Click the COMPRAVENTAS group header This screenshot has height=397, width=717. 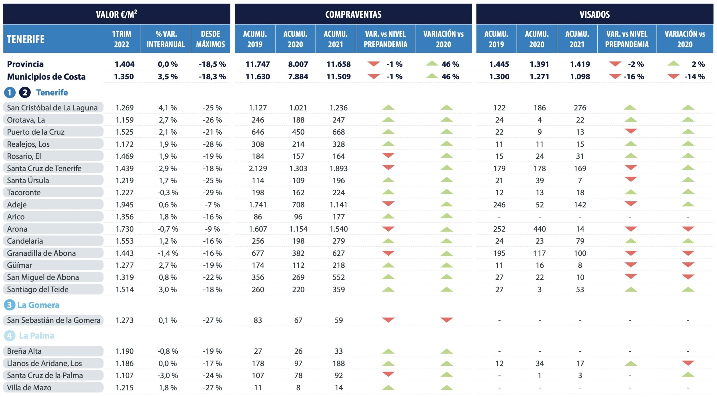(353, 14)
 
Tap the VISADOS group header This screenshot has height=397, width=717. (595, 14)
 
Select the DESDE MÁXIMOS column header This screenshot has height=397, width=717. (210, 39)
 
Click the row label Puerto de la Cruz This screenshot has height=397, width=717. (36, 132)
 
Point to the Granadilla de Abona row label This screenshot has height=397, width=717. (41, 253)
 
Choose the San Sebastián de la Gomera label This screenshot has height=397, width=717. (53, 320)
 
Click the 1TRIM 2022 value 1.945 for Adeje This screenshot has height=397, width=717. (125, 205)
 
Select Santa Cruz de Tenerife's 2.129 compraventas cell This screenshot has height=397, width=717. (258, 168)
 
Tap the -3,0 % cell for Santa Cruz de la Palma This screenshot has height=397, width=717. (167, 375)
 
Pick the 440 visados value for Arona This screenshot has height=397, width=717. (539, 229)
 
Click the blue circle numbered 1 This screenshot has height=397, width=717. (10, 93)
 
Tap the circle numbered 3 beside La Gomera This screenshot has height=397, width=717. (10, 305)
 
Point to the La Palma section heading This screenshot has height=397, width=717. (36, 336)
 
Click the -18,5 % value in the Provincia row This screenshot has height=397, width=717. (212, 64)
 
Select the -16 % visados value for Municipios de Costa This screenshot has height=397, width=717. (634, 77)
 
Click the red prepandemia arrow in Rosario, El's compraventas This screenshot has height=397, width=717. (388, 155)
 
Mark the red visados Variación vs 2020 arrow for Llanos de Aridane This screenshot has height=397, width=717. (688, 363)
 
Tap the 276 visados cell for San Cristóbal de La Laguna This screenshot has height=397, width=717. (580, 108)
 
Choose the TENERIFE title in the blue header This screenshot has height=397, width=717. (26, 39)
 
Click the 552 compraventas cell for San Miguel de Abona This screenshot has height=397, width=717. (338, 277)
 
